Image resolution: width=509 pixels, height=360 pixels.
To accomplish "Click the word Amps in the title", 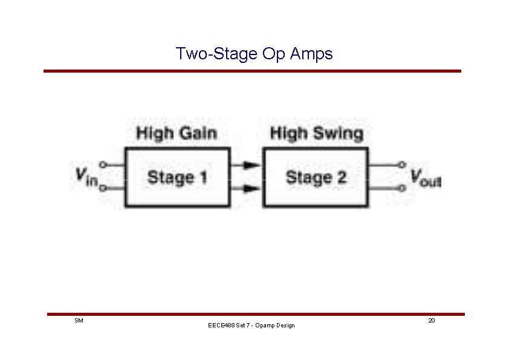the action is [311, 54].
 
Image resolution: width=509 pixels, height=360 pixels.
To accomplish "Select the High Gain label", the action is [176, 133].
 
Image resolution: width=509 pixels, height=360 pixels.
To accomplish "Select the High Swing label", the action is [317, 133].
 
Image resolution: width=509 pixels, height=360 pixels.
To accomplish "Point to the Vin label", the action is [86, 177].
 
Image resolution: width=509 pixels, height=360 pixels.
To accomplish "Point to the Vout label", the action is [426, 177].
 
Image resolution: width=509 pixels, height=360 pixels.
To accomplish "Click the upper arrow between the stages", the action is [245, 164].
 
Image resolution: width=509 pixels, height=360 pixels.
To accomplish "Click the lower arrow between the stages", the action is [245, 189].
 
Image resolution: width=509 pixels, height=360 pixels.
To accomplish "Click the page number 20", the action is [431, 319].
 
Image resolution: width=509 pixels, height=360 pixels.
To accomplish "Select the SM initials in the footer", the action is [78, 319].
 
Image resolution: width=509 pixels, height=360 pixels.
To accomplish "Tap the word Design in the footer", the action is [284, 326].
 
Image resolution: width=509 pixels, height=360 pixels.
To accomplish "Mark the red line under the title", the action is [252, 71].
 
